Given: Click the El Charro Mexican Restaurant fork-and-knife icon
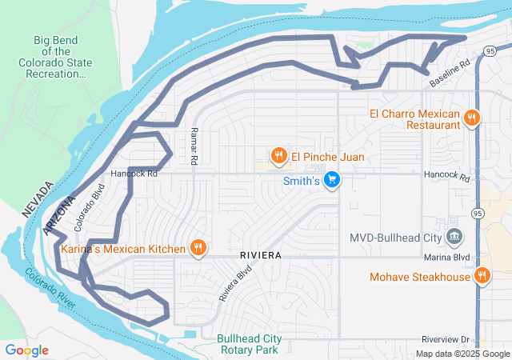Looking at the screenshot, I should pyautogui.click(x=472, y=118).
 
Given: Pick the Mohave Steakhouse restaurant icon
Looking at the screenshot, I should pyautogui.click(x=482, y=277).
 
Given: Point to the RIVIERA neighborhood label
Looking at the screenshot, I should pyautogui.click(x=259, y=254).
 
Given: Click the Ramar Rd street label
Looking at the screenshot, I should pyautogui.click(x=194, y=146).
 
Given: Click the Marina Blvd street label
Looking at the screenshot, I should pyautogui.click(x=450, y=257).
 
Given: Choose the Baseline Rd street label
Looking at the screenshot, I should pyautogui.click(x=449, y=74).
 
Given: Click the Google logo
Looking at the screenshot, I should pyautogui.click(x=26, y=350).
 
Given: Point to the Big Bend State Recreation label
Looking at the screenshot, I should pyautogui.click(x=58, y=57).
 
